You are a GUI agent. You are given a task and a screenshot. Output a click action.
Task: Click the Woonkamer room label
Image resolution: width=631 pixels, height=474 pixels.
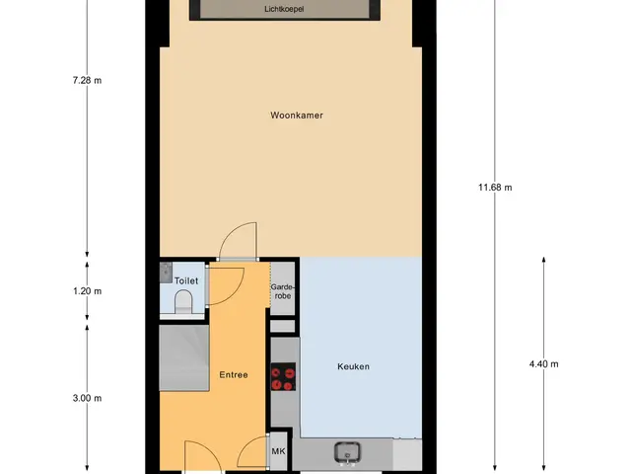click(x=297, y=116)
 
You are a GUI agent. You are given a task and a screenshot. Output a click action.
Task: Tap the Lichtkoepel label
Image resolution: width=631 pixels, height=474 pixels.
click(x=284, y=9)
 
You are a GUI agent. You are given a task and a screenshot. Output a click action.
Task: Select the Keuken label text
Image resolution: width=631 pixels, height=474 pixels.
click(x=353, y=366)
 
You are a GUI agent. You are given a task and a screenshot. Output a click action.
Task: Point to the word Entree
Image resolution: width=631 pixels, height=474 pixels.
click(x=234, y=375)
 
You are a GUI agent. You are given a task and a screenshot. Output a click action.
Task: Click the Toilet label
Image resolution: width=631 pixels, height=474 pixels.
click(x=186, y=280)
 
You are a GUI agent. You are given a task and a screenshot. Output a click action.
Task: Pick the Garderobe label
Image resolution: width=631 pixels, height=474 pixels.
click(x=283, y=291)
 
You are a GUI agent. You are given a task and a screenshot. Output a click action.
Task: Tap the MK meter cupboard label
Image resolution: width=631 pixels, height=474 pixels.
click(x=278, y=451)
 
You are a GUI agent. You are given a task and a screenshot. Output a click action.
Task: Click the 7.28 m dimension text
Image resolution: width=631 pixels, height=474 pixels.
click(x=87, y=80)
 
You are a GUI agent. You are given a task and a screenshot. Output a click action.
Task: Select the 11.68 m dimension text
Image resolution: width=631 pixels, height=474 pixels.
click(x=495, y=187)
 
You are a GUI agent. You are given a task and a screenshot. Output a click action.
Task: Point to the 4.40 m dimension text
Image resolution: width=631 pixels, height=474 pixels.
click(x=543, y=364)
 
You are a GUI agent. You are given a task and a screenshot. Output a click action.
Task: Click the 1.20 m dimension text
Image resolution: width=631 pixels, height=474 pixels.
click(x=88, y=291)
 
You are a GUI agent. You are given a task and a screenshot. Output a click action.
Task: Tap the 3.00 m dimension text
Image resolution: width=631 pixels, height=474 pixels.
click(x=87, y=398)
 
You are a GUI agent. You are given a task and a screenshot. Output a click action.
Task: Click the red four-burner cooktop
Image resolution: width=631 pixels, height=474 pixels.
click(x=283, y=377)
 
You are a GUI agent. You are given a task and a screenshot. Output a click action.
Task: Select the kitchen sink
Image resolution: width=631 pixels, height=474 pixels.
click(x=347, y=452)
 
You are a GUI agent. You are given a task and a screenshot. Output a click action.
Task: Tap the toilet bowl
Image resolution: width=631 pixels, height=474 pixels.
click(x=183, y=302)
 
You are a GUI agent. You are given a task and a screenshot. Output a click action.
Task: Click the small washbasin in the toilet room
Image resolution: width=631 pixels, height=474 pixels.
click(x=166, y=273)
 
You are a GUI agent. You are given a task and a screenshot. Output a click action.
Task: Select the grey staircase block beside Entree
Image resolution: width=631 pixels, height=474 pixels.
click(x=184, y=357)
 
